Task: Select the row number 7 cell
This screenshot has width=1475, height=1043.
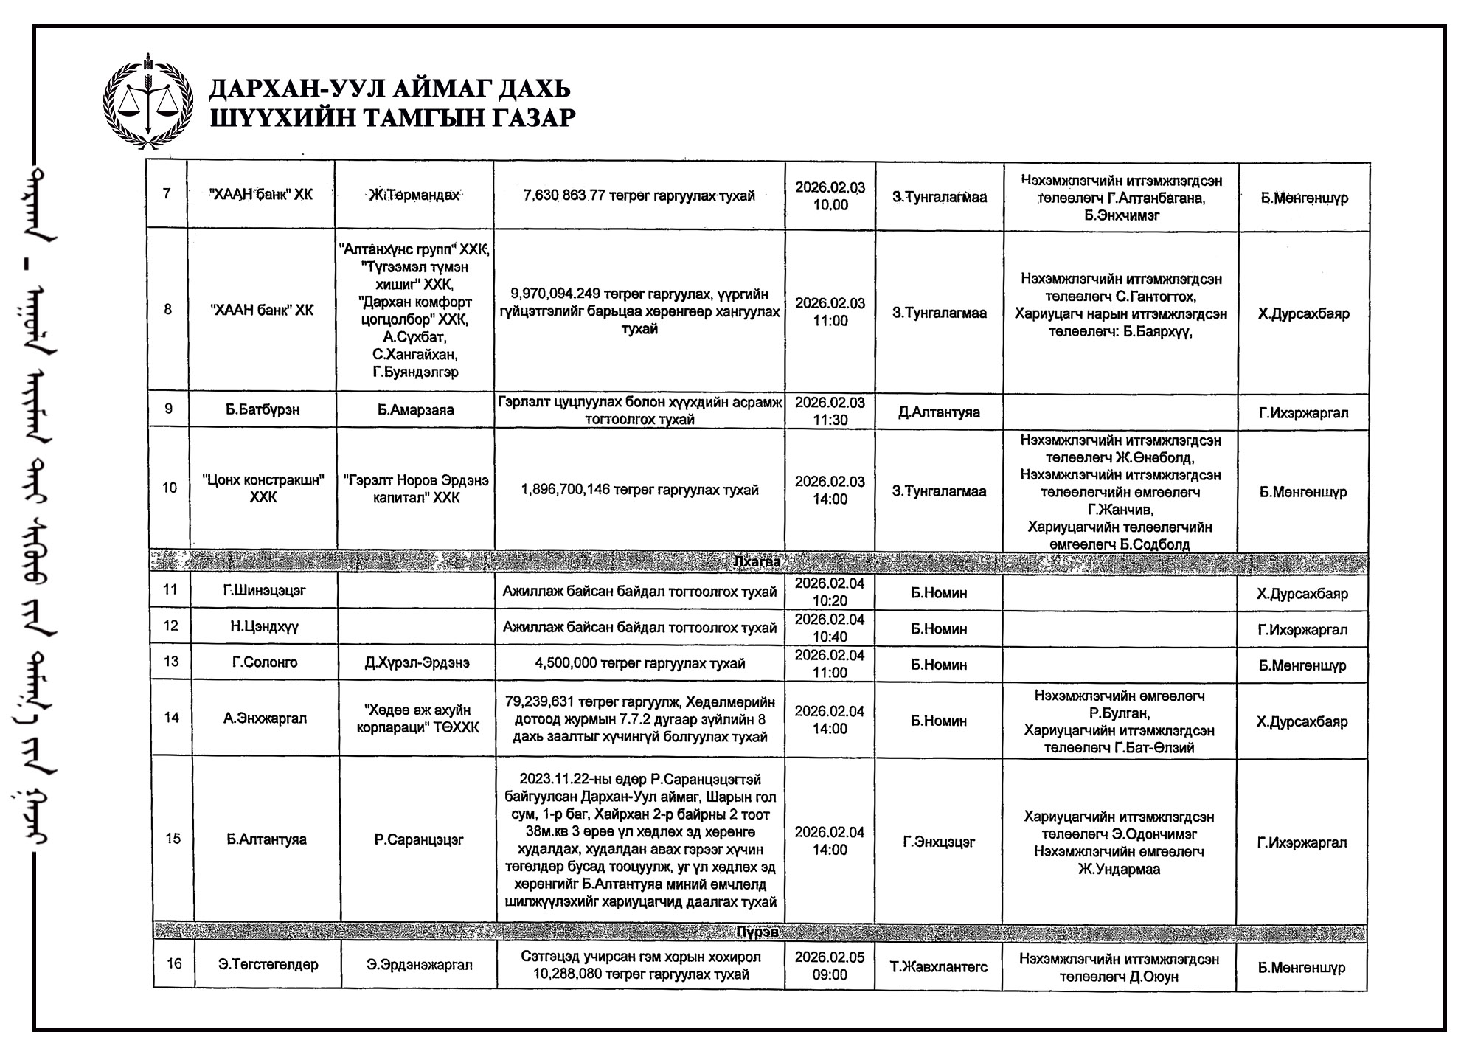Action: point(167,195)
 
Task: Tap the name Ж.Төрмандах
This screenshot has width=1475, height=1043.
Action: point(414,195)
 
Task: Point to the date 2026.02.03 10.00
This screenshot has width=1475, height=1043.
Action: point(830,196)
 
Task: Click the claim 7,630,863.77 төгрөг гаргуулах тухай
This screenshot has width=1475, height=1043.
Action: point(639,196)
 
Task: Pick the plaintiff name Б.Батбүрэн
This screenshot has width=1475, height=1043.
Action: point(263,409)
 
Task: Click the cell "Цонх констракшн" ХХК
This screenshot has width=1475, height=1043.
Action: point(263,489)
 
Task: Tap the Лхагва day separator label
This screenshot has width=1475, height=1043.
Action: point(757,562)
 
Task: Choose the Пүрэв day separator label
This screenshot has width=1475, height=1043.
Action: point(757,932)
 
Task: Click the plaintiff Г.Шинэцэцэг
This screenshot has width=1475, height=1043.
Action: point(264,590)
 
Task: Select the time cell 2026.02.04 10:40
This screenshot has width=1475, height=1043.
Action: point(830,628)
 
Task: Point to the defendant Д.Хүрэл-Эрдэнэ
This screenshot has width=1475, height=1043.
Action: point(417,663)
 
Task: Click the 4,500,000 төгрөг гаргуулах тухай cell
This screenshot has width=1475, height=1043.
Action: point(639,663)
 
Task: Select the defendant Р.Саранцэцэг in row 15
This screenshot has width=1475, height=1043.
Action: point(418,839)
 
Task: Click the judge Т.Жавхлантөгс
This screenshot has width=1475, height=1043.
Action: point(939,966)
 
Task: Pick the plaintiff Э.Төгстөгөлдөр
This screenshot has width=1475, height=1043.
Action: point(268,965)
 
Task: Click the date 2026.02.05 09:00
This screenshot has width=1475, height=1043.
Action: point(830,966)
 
